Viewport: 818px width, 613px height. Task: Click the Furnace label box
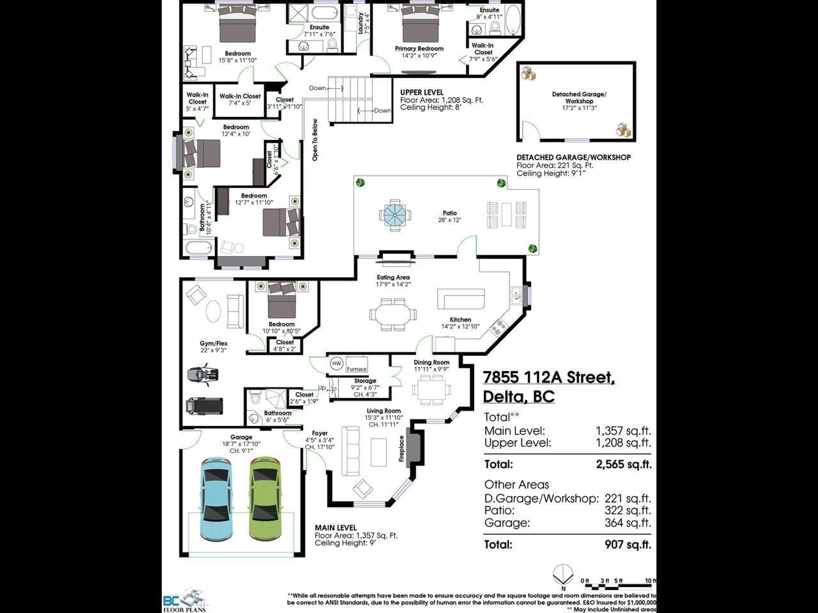(356, 369)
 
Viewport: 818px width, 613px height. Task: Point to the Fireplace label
(402, 448)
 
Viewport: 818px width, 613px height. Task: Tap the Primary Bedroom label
(419, 48)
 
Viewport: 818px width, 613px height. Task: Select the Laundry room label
(361, 23)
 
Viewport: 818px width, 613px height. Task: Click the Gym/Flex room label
(213, 343)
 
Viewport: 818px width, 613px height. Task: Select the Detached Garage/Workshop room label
(579, 97)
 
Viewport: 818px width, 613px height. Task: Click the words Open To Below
(315, 140)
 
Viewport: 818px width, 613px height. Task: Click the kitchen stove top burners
(498, 327)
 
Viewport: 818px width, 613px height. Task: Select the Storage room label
(365, 381)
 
